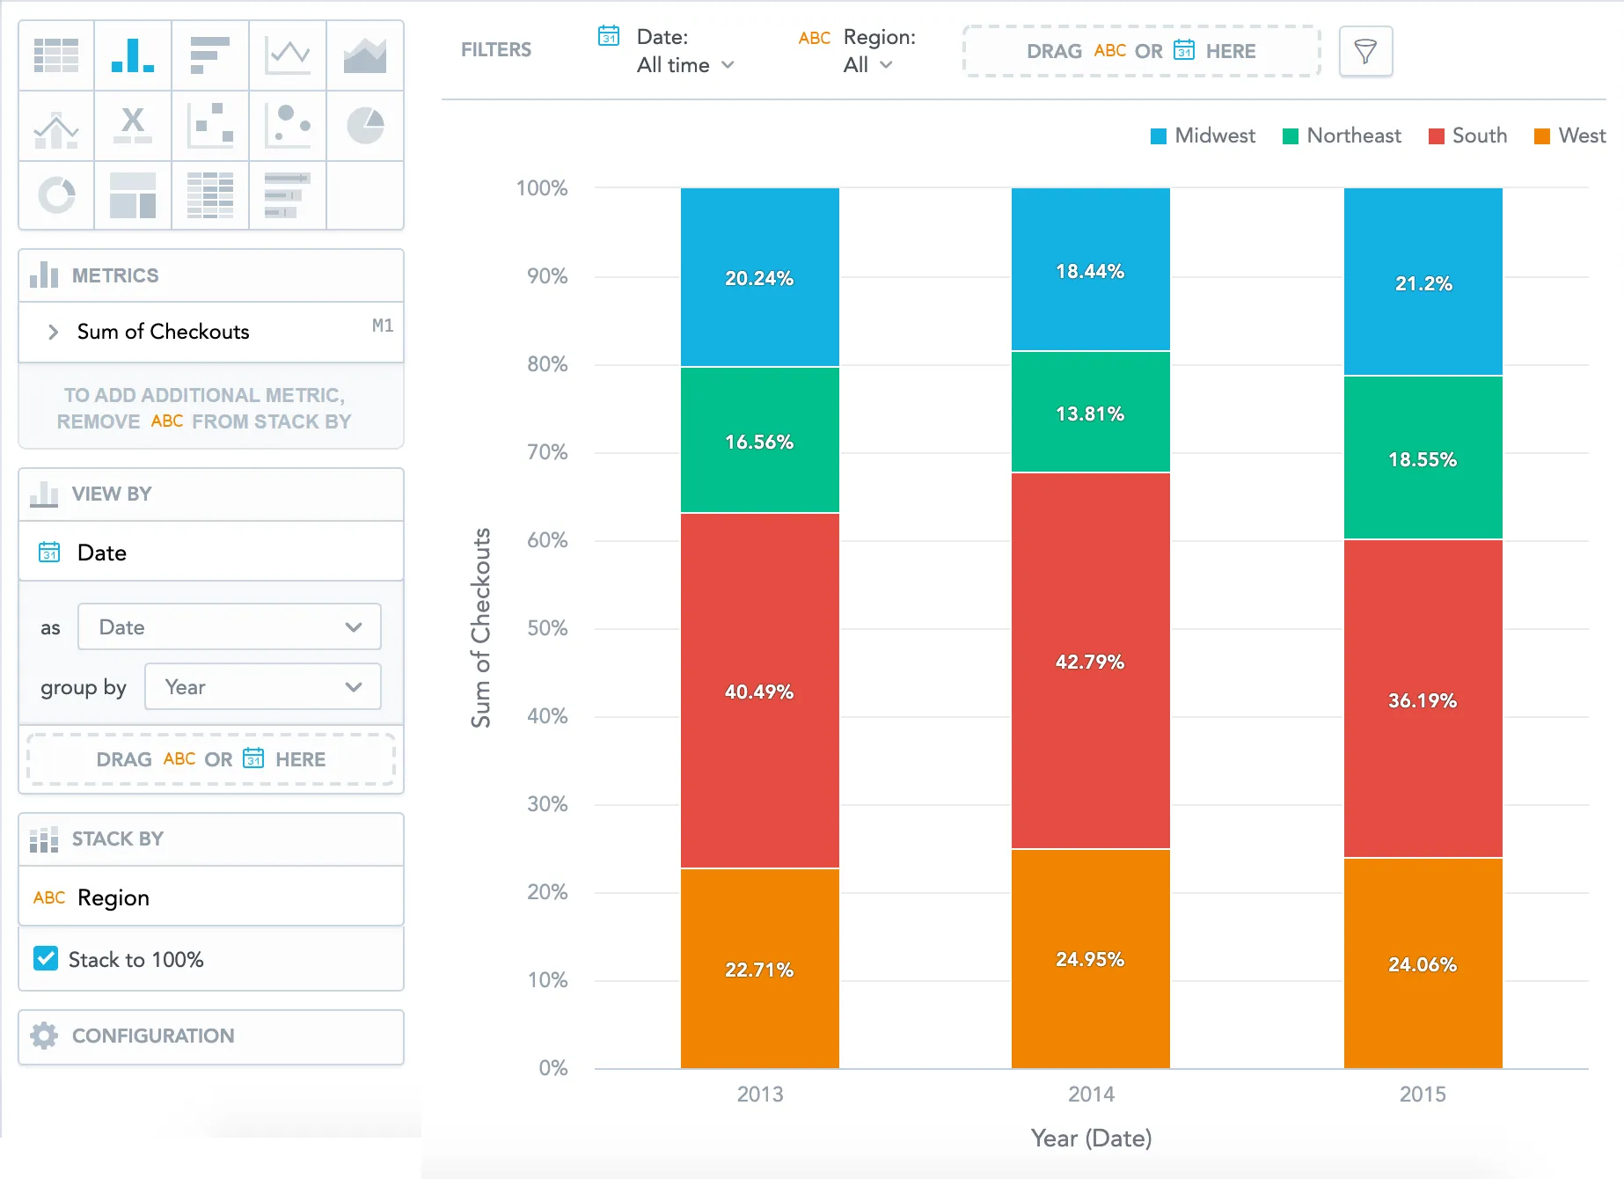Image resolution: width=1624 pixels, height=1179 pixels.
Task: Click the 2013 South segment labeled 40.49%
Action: pyautogui.click(x=759, y=691)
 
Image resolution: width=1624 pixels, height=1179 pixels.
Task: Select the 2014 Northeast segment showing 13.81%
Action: pyautogui.click(x=1090, y=413)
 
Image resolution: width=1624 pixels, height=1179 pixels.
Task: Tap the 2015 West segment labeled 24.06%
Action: pyautogui.click(x=1423, y=963)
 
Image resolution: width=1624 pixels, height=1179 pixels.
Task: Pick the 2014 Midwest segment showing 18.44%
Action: pyautogui.click(x=1090, y=270)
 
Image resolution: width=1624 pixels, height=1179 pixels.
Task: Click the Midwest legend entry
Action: pyautogui.click(x=1203, y=135)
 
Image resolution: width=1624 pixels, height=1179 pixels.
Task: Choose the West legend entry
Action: pyautogui.click(x=1570, y=135)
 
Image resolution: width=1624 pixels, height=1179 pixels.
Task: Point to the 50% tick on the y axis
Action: pyautogui.click(x=547, y=628)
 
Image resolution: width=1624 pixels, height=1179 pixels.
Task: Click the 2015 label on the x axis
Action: pyautogui.click(x=1423, y=1094)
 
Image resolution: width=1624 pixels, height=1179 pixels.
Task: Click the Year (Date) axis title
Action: pyautogui.click(x=1091, y=1139)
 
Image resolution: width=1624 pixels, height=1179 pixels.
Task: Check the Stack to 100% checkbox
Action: pyautogui.click(x=46, y=959)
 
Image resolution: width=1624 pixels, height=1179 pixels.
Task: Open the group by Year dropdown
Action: pyautogui.click(x=262, y=687)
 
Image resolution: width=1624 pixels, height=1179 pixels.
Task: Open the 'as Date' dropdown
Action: pyautogui.click(x=229, y=627)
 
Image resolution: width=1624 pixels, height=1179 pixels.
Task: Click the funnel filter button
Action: pyautogui.click(x=1365, y=52)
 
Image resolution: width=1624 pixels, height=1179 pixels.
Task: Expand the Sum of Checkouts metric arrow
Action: pyautogui.click(x=53, y=332)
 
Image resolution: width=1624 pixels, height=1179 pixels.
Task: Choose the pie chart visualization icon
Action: pyautogui.click(x=365, y=126)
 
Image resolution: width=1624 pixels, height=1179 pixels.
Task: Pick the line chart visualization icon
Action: pyautogui.click(x=288, y=55)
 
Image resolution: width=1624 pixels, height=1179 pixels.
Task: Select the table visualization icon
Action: pyautogui.click(x=56, y=55)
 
